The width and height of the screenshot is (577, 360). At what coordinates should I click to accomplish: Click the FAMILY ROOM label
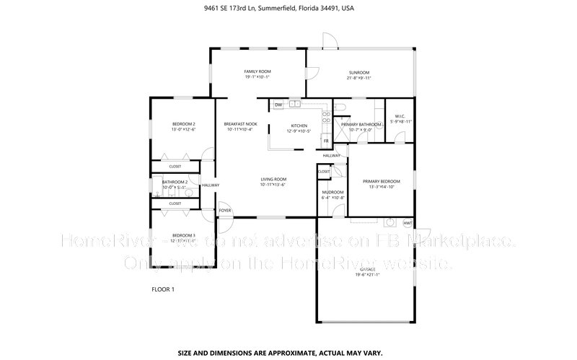(257, 72)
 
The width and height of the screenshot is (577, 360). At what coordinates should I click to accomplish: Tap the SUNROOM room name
(358, 73)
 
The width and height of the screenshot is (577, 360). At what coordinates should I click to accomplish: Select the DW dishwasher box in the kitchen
(278, 105)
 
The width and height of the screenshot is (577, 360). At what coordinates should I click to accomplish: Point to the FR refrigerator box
(326, 141)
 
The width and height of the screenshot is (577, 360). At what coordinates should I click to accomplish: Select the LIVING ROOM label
(273, 179)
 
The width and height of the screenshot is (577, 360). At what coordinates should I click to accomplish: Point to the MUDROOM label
(332, 192)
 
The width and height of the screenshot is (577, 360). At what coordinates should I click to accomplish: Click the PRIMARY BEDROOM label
(381, 181)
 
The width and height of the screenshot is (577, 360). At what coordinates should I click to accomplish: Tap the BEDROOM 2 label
(183, 124)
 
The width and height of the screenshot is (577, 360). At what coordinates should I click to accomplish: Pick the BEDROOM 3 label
(183, 235)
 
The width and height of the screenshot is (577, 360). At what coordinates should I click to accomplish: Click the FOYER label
(226, 211)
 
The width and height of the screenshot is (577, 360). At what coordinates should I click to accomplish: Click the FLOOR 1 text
(162, 289)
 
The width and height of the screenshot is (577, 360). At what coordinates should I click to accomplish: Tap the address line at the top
(288, 9)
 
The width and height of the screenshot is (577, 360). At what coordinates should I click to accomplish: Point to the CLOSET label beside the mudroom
(324, 171)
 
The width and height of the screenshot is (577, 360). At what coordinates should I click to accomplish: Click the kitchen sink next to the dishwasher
(295, 105)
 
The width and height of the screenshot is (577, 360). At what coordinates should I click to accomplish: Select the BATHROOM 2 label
(175, 182)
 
